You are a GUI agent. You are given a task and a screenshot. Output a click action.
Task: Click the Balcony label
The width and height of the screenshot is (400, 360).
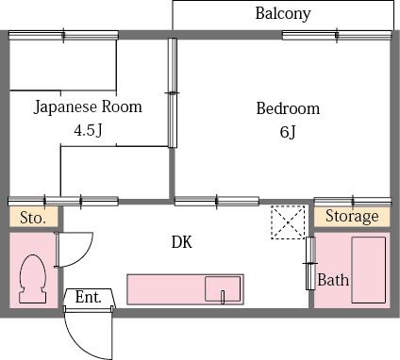(283, 14)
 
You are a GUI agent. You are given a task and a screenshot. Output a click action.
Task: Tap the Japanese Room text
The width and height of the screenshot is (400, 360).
(88, 106)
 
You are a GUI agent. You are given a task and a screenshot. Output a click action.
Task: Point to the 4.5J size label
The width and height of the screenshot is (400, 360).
(88, 130)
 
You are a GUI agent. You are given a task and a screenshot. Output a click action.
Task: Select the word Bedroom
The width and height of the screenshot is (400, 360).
(288, 108)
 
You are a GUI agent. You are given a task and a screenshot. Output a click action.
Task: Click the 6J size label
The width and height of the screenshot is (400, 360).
(288, 132)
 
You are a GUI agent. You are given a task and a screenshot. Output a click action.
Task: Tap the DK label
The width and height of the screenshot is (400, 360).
(182, 242)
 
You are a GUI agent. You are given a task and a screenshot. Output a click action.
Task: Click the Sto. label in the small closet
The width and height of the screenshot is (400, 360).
(33, 218)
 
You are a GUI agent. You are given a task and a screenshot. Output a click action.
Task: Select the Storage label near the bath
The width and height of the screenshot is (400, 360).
(352, 216)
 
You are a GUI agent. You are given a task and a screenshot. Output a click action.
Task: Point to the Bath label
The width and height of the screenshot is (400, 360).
(333, 280)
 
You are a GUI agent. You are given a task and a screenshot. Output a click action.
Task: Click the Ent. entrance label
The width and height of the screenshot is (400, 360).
(89, 297)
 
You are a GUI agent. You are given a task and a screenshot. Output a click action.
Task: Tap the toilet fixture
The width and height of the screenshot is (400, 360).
(33, 279)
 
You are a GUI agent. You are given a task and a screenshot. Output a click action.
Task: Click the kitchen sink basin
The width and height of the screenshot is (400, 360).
(223, 288)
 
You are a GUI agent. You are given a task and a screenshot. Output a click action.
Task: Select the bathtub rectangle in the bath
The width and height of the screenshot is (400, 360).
(369, 270)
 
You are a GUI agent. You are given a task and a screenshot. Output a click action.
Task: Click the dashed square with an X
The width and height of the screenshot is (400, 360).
(289, 222)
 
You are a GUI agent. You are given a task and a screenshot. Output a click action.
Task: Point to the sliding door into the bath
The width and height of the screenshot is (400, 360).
(310, 263)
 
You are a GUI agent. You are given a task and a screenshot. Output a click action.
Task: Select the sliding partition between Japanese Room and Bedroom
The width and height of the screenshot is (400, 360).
(173, 92)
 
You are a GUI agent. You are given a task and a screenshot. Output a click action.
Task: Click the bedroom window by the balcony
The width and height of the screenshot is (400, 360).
(337, 35)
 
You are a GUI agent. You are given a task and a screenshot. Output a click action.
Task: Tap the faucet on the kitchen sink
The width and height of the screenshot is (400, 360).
(223, 297)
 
